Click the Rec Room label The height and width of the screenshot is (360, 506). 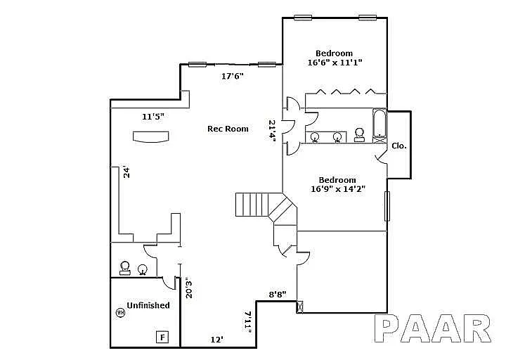pos(227,129)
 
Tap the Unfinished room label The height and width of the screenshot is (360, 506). pos(148,305)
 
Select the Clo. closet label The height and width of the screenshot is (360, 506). pos(398,146)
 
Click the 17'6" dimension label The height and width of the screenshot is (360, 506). pos(232,76)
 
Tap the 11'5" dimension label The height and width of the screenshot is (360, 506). pos(153,117)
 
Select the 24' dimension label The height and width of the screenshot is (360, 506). pos(127,172)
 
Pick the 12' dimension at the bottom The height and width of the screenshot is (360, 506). pos(217,340)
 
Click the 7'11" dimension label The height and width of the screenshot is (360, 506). pos(247,322)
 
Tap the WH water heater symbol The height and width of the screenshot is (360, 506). pos(120,313)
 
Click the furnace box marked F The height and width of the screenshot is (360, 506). pos(163,337)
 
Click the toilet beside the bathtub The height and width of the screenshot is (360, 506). pos(360,134)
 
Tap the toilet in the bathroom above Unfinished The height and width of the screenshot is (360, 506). pos(126,267)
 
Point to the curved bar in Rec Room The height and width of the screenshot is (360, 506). pos(152,138)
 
